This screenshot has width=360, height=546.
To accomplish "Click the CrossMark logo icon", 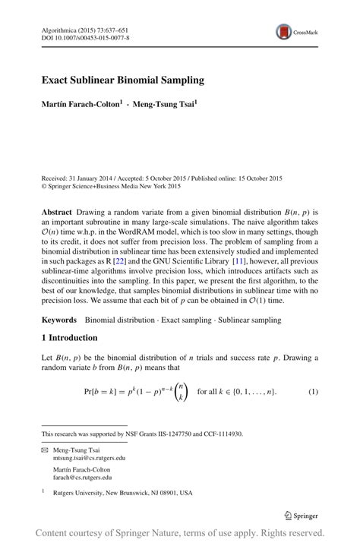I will tap(284, 32).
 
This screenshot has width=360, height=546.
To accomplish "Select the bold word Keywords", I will tap(59, 321).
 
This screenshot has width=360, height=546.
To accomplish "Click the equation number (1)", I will tap(312, 391).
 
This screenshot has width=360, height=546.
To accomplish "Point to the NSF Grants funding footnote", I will tap(142, 434).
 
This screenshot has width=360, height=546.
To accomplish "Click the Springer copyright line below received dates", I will tap(110, 185).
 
